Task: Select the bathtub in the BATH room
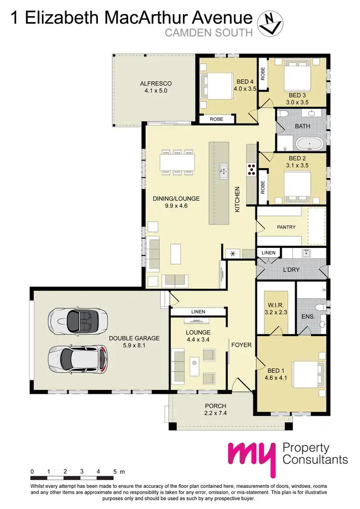(x=310, y=144)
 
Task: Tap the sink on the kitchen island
(x=224, y=170)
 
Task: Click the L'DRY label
(x=291, y=270)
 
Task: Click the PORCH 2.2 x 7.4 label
(x=215, y=409)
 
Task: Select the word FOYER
(x=241, y=345)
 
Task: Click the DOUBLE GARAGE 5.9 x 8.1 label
(x=134, y=341)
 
